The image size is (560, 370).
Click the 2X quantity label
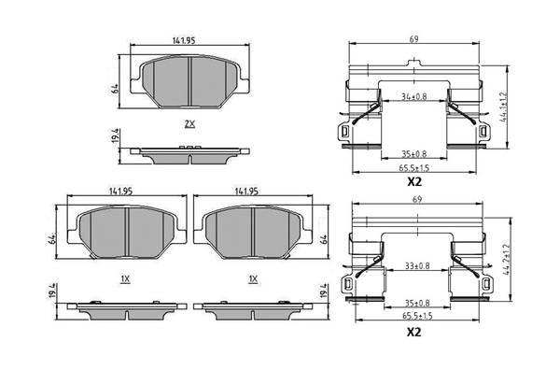189,123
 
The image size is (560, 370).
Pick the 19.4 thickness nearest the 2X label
115,140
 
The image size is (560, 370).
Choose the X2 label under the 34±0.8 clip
413,183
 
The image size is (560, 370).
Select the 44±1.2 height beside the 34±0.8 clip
505,107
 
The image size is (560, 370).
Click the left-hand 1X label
124,278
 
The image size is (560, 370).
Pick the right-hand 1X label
253,278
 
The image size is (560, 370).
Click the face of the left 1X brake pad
124,228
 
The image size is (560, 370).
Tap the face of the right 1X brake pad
255,228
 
